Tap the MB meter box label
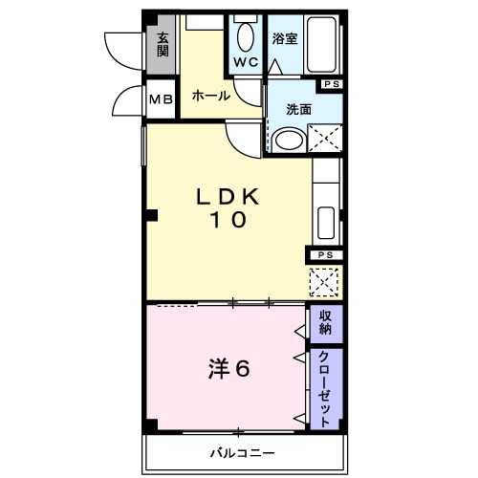click(x=160, y=99)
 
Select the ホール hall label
click(x=209, y=96)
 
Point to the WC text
click(x=247, y=63)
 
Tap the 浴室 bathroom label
click(x=285, y=39)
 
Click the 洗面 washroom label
click(x=298, y=109)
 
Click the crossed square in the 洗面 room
click(x=323, y=140)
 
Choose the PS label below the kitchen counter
click(x=324, y=255)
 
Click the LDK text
click(x=228, y=197)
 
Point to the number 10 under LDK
click(x=228, y=220)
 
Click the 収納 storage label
click(x=325, y=323)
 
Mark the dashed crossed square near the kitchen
click(x=324, y=282)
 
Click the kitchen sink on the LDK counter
click(x=325, y=224)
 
